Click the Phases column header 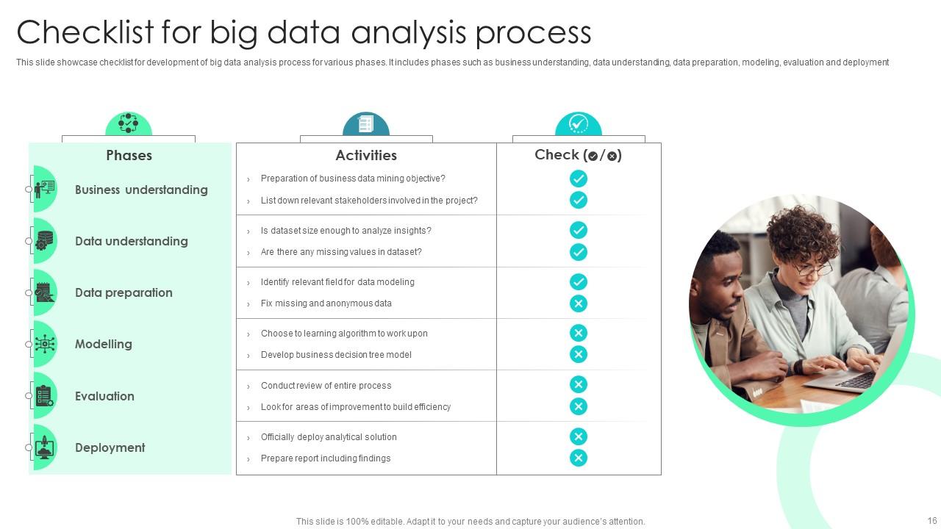[129, 155]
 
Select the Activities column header [366, 155]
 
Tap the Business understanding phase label [141, 190]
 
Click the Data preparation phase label [124, 292]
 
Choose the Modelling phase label [104, 344]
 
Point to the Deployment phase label [110, 447]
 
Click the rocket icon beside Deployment [45, 447]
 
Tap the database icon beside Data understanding [45, 241]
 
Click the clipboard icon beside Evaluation [45, 396]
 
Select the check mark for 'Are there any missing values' [579, 252]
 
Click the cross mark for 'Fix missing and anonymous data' [579, 303]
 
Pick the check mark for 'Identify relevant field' [579, 281]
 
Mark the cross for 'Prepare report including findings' [579, 458]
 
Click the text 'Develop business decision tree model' [336, 355]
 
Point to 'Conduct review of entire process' [326, 386]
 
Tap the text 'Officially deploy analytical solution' [329, 437]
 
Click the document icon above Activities [365, 124]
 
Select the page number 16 [932, 521]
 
